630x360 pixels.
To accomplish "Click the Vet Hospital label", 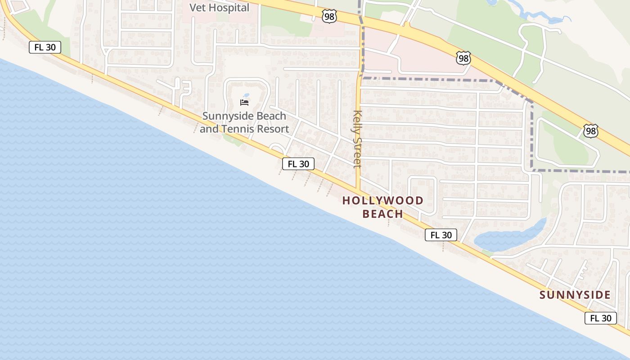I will pos(219,8).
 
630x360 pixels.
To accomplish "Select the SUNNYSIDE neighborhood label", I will pos(575,295).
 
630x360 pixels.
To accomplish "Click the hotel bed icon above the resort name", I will pos(244,103).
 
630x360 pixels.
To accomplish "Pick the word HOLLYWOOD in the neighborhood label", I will pos(383,201).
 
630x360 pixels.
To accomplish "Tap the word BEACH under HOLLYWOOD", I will pos(383,214).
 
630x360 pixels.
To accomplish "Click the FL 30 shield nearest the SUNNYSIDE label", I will pos(601,318).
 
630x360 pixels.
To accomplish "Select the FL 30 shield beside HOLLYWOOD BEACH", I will pos(441,235).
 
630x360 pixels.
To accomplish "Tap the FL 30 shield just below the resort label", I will pos(298,164).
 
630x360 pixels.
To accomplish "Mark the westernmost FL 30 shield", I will pos(45,47).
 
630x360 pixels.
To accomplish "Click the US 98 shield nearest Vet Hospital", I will pos(329,17).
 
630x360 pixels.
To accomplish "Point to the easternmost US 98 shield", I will pos(590,130).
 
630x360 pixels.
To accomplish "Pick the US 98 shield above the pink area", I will pos(463,58).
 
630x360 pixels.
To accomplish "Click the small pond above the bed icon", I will pos(246,95).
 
